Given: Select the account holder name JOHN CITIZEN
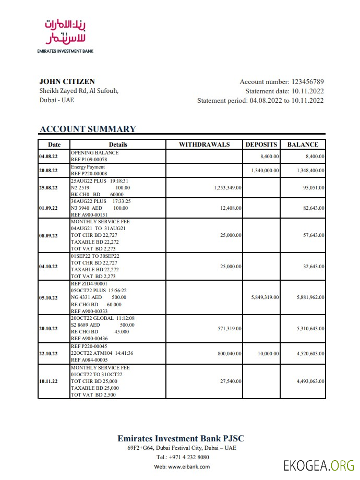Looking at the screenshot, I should click(67, 81).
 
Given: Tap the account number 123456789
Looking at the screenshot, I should click(307, 82).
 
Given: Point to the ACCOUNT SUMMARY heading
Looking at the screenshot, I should click(88, 129).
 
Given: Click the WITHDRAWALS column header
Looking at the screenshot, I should click(204, 145).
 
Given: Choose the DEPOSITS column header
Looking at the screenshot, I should click(261, 145).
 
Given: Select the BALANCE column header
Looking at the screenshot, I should click(303, 145).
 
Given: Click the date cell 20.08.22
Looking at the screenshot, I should click(49, 171).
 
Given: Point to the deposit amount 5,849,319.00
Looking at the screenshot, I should click(265, 297).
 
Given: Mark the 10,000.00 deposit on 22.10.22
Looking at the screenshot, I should click(268, 354).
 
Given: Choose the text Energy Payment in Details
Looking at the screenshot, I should click(88, 167).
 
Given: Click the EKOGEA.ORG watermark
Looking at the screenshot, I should click(318, 465).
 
